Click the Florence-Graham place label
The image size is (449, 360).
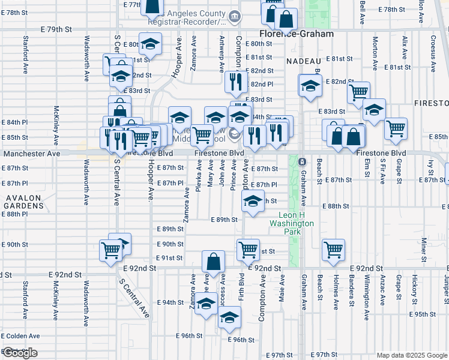click(296, 34)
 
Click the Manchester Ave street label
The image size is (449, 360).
click(32, 154)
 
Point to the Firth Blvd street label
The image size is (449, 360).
click(241, 288)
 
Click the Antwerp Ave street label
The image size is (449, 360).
click(222, 53)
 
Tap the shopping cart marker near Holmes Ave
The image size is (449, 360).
click(333, 249)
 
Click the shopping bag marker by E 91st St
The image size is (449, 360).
click(213, 261)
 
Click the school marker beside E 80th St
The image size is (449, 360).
click(150, 44)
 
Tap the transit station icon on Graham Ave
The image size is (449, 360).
click(303, 162)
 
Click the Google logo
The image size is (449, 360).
click(20, 353)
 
